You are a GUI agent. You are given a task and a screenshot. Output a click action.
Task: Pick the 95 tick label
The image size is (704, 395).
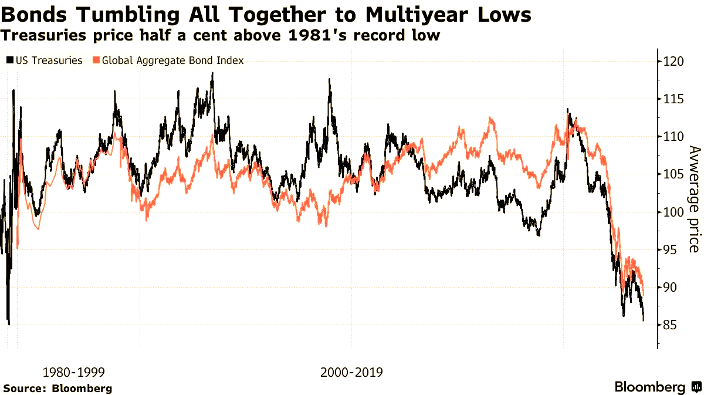click(670, 249)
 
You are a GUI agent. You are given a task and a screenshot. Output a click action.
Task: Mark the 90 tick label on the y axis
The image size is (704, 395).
click(670, 287)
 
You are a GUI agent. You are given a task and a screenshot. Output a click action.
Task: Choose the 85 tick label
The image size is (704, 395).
click(670, 325)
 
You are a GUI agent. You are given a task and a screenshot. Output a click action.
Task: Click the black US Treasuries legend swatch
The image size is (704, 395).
click(9, 60)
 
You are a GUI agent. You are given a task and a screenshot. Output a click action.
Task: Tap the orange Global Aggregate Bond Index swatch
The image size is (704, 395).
click(96, 60)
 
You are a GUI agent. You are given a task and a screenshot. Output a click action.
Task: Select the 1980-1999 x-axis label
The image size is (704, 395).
click(74, 372)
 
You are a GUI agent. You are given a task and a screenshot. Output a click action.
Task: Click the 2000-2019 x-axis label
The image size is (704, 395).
click(351, 372)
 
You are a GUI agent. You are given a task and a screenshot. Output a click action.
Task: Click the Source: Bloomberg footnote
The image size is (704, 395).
click(57, 389)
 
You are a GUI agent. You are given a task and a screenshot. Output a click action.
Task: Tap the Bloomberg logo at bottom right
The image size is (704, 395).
click(657, 387)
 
